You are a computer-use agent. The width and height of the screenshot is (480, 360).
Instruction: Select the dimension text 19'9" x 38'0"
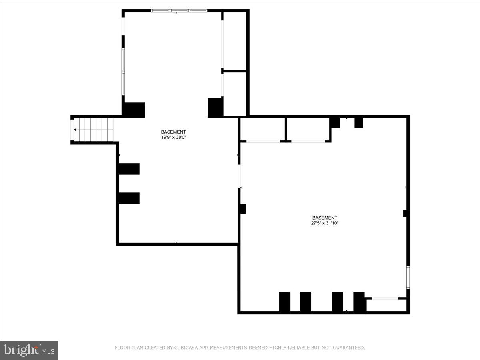[x=173, y=137]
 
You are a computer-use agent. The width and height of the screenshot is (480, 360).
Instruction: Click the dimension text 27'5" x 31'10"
[x=324, y=223]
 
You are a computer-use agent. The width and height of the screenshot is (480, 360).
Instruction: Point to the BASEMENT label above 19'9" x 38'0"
[x=173, y=132]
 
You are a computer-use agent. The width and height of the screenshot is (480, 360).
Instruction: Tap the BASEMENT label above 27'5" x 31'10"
[x=324, y=218]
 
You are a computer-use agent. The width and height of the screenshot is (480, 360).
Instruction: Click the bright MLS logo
[x=29, y=350]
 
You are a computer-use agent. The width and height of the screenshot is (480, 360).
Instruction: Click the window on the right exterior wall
[x=408, y=277]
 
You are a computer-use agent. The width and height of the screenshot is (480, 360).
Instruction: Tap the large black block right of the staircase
[x=133, y=110]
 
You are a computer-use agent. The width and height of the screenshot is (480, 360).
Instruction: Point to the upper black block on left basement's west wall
[x=129, y=169]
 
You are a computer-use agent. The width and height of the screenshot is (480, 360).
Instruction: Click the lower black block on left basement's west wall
[x=129, y=198]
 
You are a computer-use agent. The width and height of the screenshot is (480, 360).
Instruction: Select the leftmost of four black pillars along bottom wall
[x=285, y=302]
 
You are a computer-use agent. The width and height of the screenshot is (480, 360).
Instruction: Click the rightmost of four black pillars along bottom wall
[x=359, y=302]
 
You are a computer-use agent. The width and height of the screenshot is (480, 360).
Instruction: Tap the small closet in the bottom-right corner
[x=386, y=305]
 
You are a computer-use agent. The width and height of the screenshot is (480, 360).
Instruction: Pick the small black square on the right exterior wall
[x=405, y=214]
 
